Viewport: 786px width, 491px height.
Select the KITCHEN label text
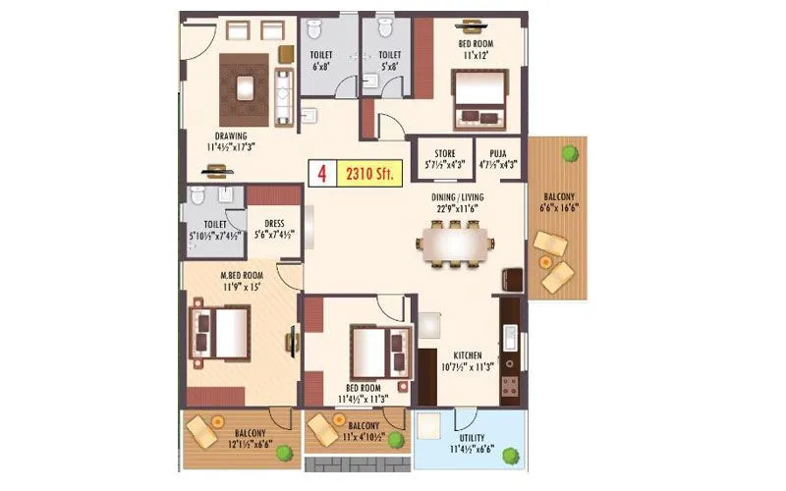point(470,355)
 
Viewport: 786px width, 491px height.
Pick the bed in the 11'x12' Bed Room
point(477,103)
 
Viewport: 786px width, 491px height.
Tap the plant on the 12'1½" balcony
point(284,453)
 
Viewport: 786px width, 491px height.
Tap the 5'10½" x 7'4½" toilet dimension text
point(213,236)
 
